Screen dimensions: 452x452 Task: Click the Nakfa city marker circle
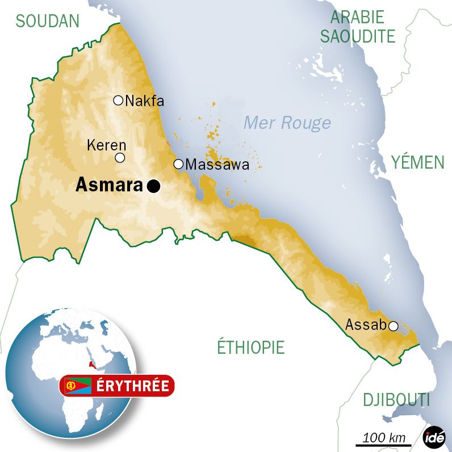(x=118, y=101)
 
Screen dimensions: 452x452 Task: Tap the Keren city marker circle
(x=120, y=158)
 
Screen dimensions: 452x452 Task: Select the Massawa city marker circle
(x=178, y=164)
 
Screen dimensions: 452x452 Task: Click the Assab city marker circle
(x=392, y=325)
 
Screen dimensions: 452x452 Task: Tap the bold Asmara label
(x=110, y=185)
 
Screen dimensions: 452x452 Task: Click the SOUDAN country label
(x=48, y=21)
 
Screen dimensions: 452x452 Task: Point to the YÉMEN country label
(x=417, y=163)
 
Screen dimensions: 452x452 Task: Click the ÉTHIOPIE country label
(x=250, y=346)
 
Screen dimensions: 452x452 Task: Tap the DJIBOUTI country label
(x=396, y=400)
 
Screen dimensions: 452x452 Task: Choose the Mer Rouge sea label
(x=287, y=123)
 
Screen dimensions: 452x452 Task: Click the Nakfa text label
(x=144, y=101)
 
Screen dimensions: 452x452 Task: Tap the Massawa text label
(x=217, y=165)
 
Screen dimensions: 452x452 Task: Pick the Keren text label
(x=107, y=145)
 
